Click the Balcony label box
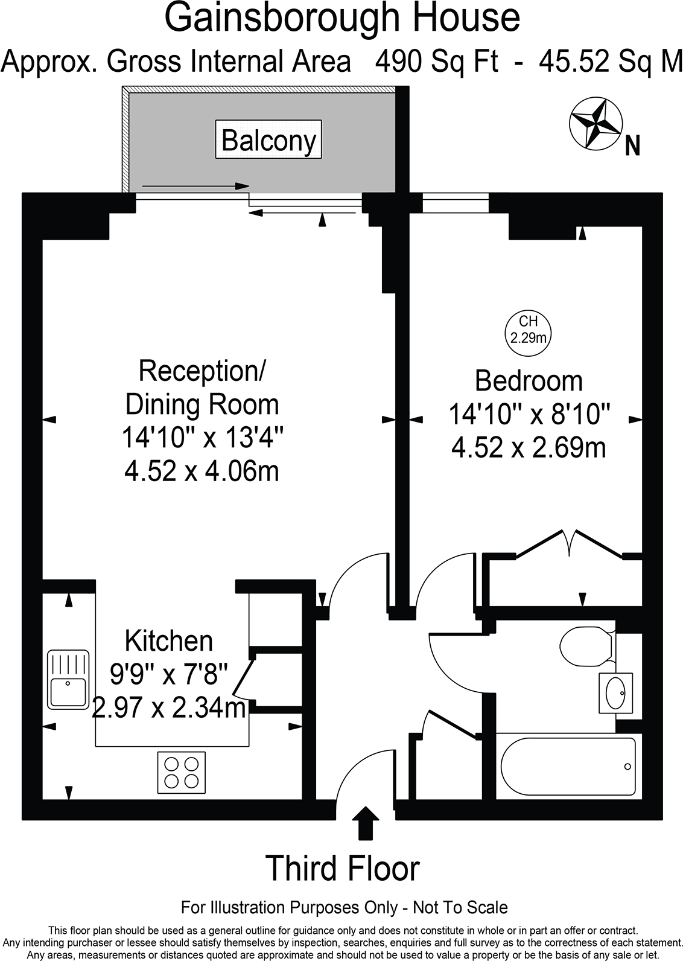(x=268, y=140)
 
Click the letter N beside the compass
(x=632, y=146)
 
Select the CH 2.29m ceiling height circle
(x=528, y=330)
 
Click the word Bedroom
(x=529, y=381)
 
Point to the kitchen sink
(x=68, y=679)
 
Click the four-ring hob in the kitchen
(x=181, y=772)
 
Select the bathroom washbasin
(x=615, y=694)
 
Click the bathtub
(x=567, y=767)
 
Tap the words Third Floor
(x=342, y=869)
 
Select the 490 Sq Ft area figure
(x=437, y=62)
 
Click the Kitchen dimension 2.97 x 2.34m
(x=169, y=707)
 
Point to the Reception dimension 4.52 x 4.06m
(x=202, y=471)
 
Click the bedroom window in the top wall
(x=455, y=203)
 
